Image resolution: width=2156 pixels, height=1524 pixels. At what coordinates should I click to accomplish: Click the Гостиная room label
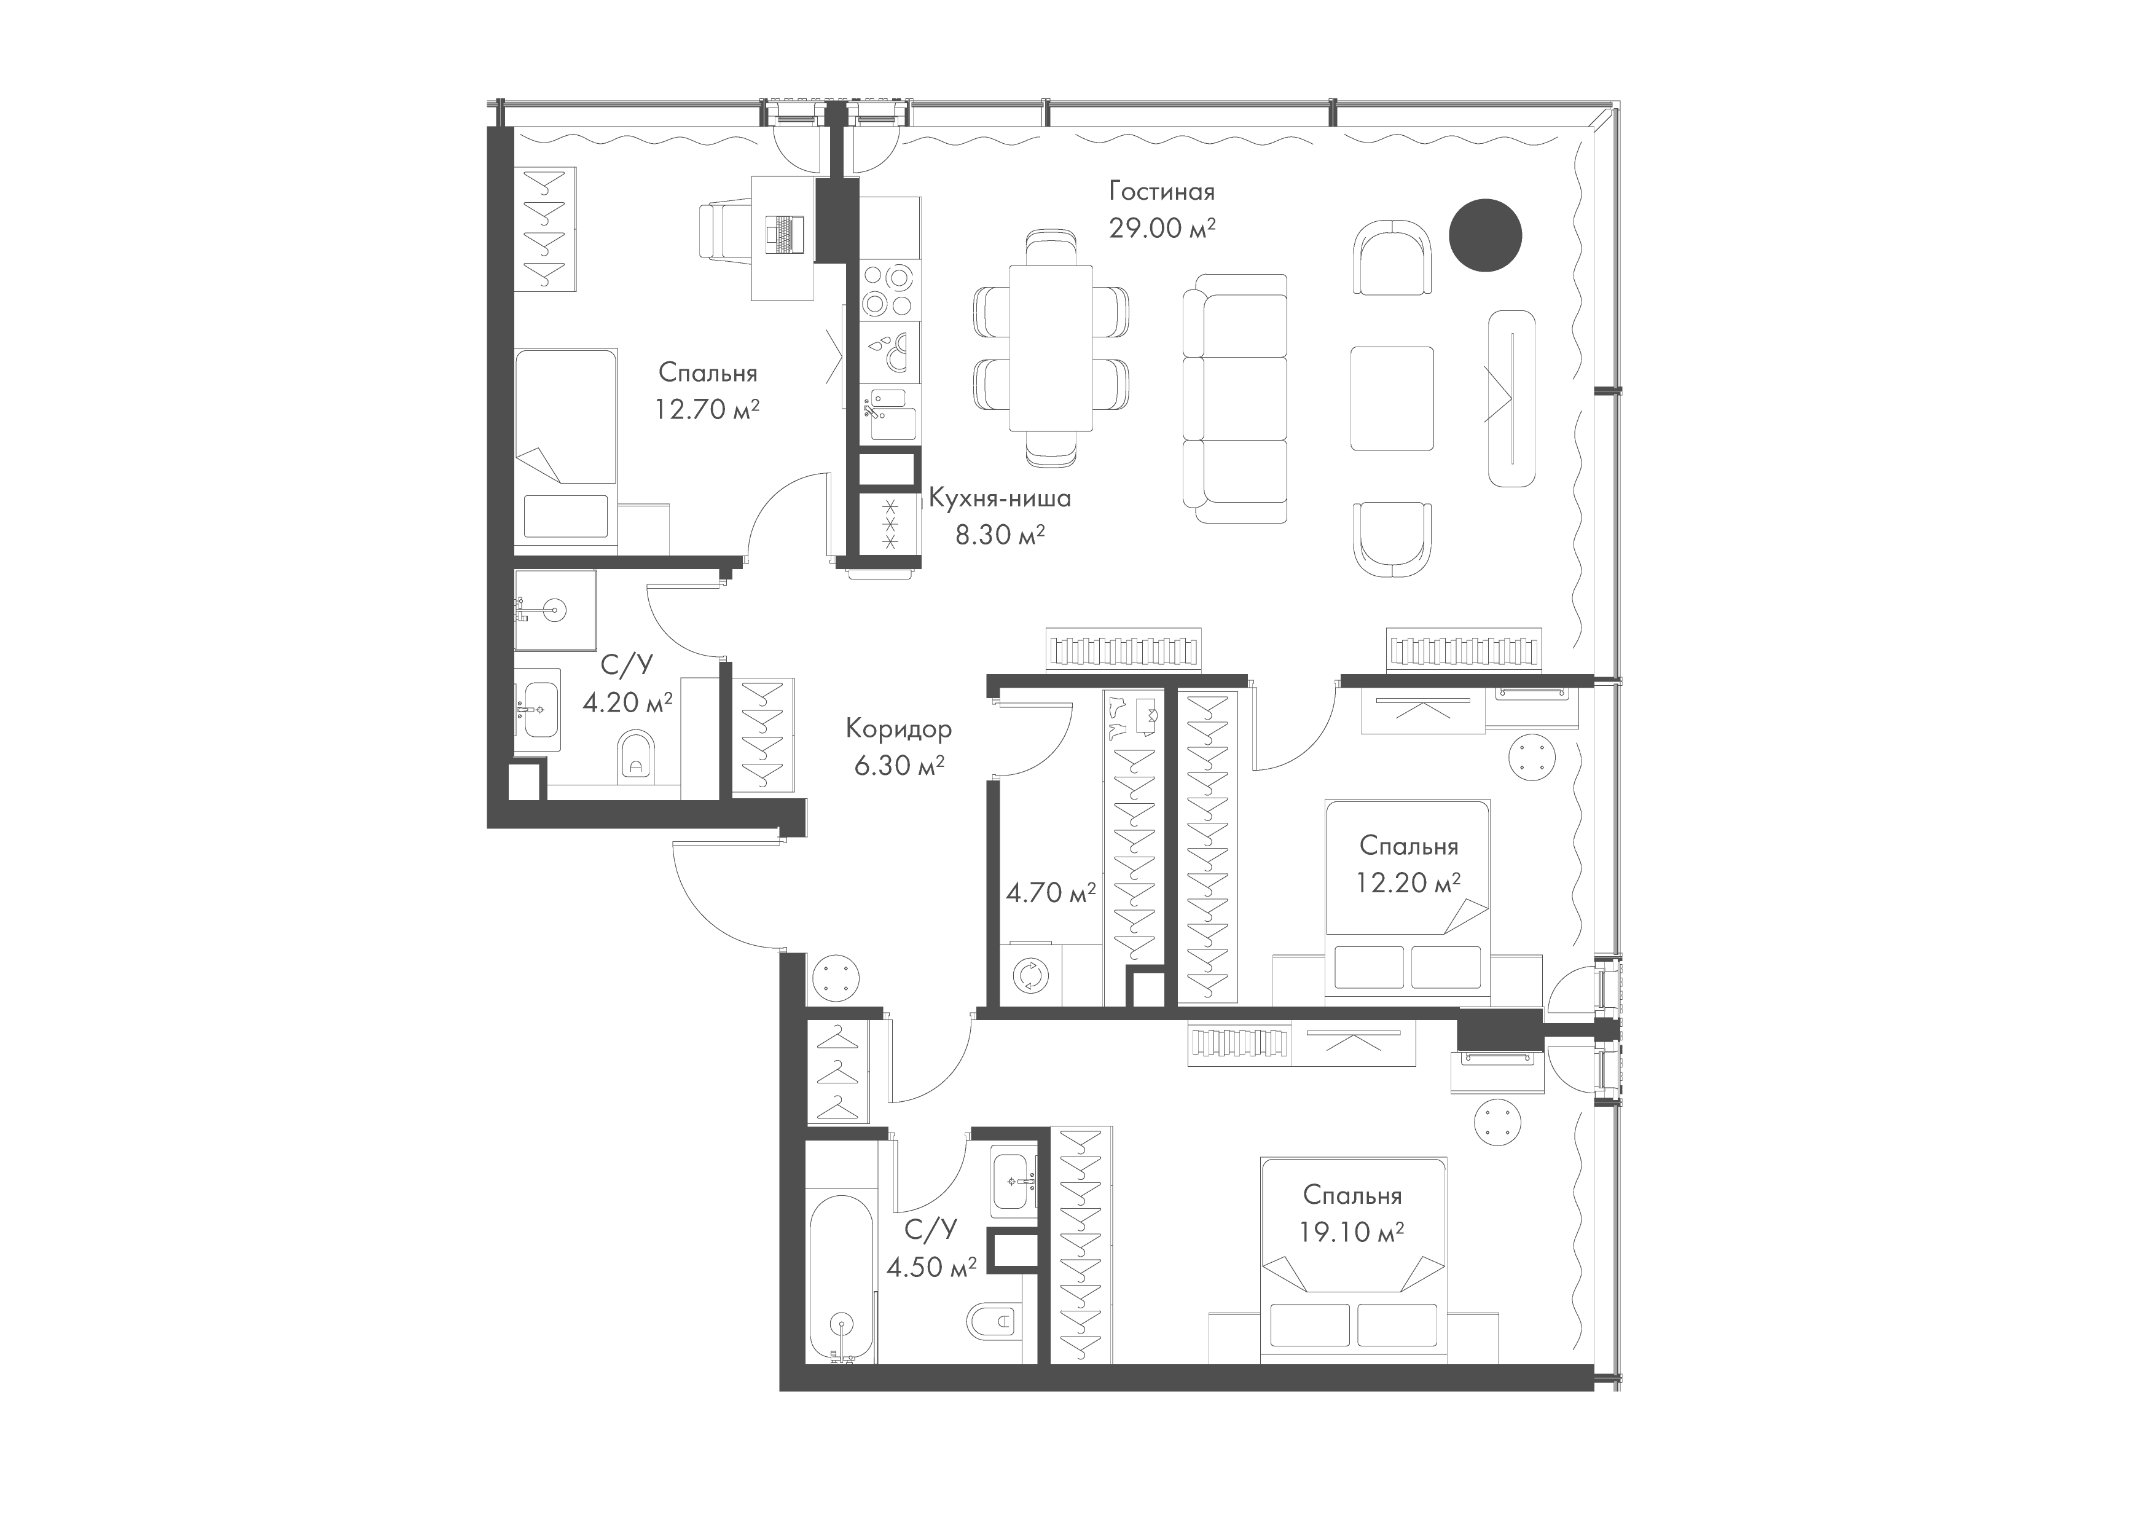(1162, 192)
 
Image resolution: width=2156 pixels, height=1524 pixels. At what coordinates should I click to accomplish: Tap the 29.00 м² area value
(1162, 228)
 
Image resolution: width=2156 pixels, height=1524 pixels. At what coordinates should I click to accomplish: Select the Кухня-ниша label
(1000, 498)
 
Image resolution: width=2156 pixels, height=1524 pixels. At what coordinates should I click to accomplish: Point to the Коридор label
(899, 729)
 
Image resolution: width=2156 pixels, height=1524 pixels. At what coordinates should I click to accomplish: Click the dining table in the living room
(1051, 347)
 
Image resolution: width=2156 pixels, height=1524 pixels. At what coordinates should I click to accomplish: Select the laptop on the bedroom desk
(782, 234)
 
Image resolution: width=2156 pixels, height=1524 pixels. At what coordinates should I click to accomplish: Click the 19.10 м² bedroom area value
(1352, 1231)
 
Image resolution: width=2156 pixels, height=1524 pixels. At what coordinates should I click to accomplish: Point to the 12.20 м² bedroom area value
(1408, 882)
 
